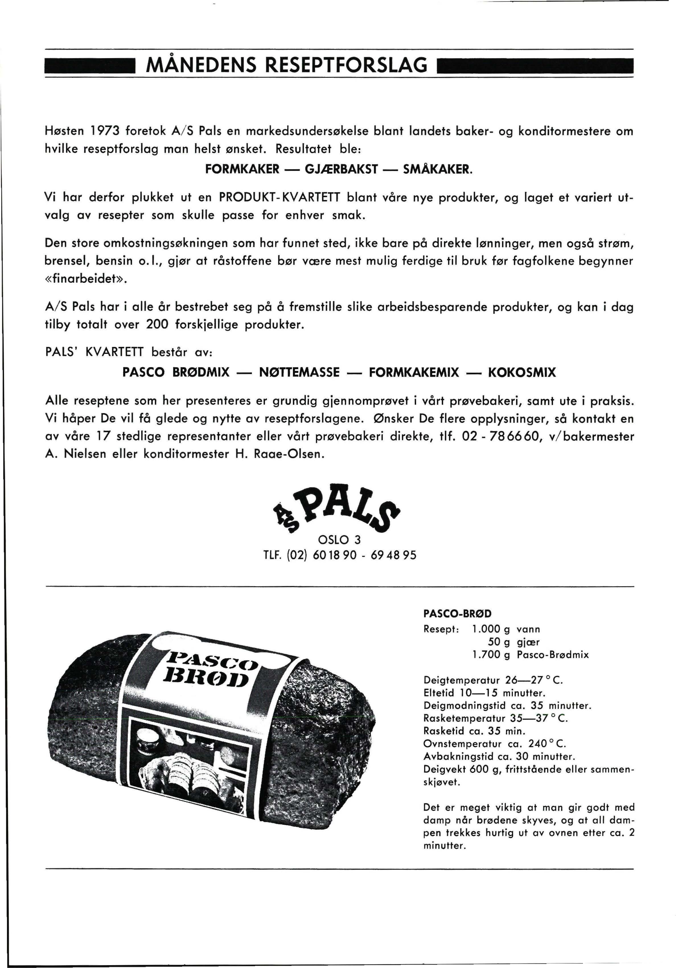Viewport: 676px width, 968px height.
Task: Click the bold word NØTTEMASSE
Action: [x=299, y=372]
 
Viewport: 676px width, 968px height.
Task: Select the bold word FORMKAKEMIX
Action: [x=414, y=372]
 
